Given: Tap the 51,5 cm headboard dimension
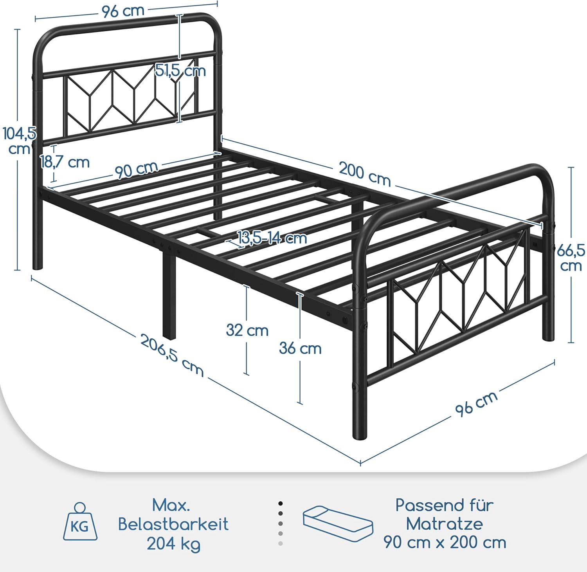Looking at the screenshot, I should [180, 71].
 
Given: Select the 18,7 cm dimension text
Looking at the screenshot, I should [65, 162].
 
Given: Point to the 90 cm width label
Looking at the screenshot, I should [137, 169].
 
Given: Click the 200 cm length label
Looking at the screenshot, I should [365, 174].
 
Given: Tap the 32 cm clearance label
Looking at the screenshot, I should [247, 330].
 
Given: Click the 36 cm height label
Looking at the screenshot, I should [300, 348].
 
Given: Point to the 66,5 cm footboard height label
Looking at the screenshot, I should [571, 258].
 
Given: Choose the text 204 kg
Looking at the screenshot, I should [173, 544].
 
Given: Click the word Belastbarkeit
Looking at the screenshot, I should [173, 524].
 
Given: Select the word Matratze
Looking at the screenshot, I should [445, 523].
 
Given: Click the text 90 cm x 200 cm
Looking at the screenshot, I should [445, 543].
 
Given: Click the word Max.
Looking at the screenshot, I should [171, 505].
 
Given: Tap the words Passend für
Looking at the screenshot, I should [445, 505].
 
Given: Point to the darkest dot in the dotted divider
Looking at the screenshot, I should [281, 503].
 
